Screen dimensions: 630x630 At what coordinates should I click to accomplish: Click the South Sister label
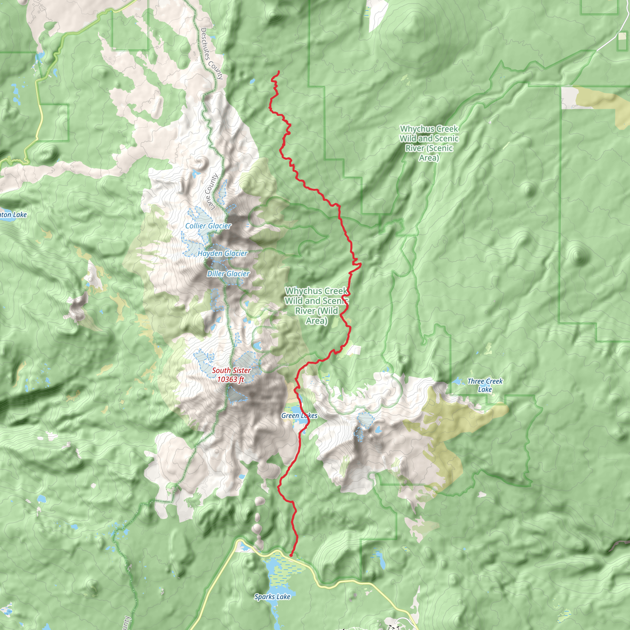pos(231,370)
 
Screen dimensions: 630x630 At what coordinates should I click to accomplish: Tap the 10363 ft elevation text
pos(230,379)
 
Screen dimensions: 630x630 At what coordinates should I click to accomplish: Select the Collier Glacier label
pos(208,226)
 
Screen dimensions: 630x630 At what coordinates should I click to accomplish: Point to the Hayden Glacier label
pos(223,253)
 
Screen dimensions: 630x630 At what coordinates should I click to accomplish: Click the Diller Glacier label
pos(228,273)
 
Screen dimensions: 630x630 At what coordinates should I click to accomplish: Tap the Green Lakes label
pos(299,415)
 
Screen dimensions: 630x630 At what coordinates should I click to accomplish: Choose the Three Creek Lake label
pos(485,385)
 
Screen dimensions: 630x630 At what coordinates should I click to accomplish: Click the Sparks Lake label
pos(272,597)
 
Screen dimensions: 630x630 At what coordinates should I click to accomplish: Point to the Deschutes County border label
pos(212,54)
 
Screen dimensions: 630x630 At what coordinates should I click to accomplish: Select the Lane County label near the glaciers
pos(211,192)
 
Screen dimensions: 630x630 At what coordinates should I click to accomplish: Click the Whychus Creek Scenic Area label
pos(429,143)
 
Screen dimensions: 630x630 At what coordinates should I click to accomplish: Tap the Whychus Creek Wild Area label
pos(316,305)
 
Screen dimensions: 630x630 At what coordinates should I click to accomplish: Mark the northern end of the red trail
pos(279,71)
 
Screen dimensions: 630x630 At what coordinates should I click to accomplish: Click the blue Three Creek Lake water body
pos(457,381)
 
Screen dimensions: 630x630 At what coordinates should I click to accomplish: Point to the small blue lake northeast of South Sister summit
pos(257,345)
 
